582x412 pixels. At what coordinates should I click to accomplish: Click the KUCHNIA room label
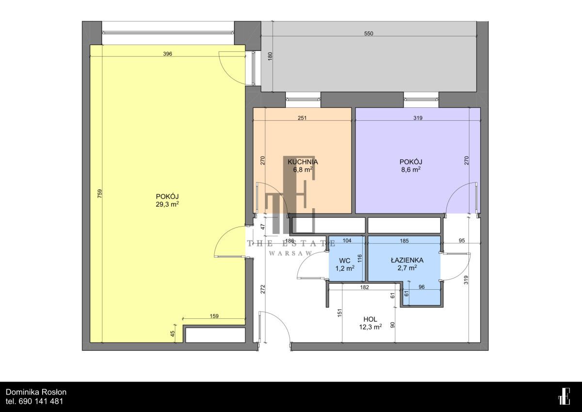(x=303, y=162)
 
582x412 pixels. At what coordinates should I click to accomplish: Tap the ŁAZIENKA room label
(x=407, y=260)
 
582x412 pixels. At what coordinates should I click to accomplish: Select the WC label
(x=344, y=261)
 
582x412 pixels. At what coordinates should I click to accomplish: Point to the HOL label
(x=370, y=319)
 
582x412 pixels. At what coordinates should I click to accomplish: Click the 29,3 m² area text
(x=167, y=204)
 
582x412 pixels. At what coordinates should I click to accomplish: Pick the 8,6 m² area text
(x=411, y=170)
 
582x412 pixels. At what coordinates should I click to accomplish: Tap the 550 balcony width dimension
(x=369, y=33)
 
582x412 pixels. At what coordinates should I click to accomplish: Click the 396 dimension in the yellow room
(x=168, y=54)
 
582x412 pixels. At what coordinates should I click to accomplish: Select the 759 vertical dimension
(x=100, y=194)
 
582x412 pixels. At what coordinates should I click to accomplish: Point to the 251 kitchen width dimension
(x=302, y=118)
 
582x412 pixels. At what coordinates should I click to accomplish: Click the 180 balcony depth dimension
(x=270, y=56)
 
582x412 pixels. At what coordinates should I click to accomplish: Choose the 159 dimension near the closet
(x=214, y=316)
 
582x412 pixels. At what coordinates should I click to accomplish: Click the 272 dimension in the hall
(x=263, y=289)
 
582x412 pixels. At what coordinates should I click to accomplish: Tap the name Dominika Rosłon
(x=36, y=392)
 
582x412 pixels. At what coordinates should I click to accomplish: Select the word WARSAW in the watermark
(x=290, y=253)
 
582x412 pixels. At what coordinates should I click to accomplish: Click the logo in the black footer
(x=564, y=396)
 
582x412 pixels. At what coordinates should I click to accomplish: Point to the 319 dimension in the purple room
(x=418, y=118)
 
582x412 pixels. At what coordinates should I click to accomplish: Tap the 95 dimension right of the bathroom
(x=461, y=240)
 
